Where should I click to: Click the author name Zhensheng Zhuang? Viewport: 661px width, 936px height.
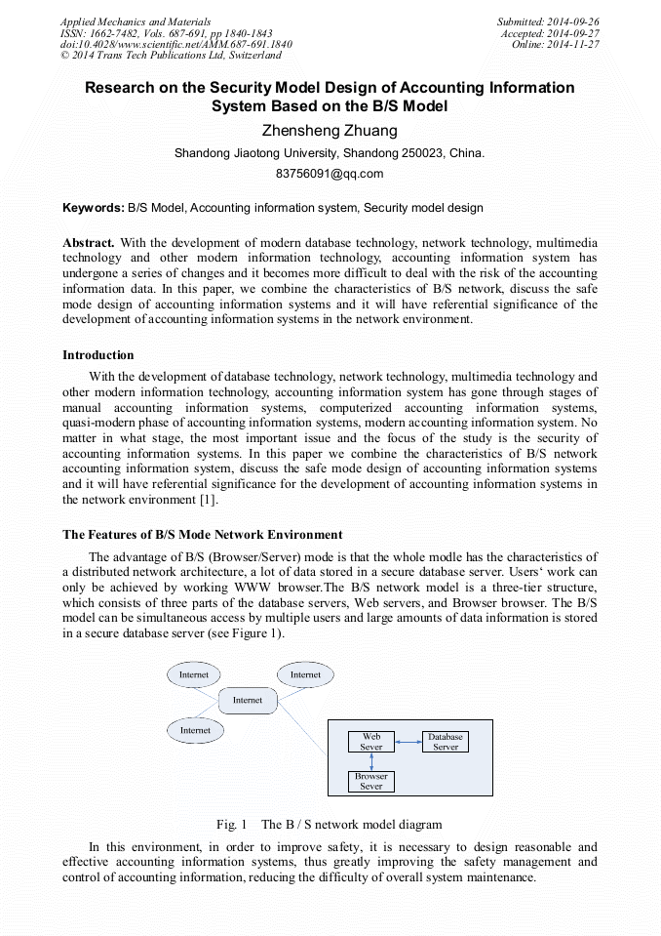click(x=330, y=131)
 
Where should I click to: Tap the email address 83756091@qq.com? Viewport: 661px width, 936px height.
click(x=330, y=174)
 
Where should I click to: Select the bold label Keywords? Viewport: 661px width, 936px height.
click(x=94, y=208)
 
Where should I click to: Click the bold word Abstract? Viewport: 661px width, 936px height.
click(x=89, y=242)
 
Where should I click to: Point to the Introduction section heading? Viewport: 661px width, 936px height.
click(x=98, y=354)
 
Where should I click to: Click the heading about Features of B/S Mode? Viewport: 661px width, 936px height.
click(x=203, y=534)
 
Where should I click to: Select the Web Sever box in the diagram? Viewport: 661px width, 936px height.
click(x=371, y=742)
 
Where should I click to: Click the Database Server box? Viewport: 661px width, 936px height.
click(x=446, y=742)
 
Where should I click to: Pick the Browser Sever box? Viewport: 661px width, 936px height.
click(x=371, y=781)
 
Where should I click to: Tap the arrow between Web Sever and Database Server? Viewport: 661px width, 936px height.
click(x=408, y=743)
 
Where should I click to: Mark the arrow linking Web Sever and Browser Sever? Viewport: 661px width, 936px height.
click(x=371, y=761)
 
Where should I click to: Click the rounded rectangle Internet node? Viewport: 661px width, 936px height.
click(x=248, y=700)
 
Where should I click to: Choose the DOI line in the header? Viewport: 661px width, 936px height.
click(x=175, y=45)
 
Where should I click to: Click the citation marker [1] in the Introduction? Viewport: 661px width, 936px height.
click(x=208, y=499)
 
